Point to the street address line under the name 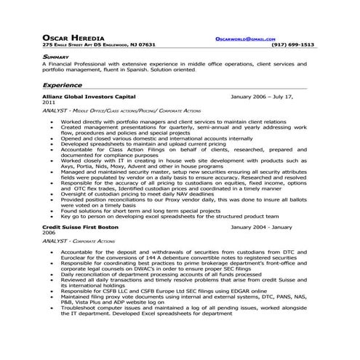[99, 44]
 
